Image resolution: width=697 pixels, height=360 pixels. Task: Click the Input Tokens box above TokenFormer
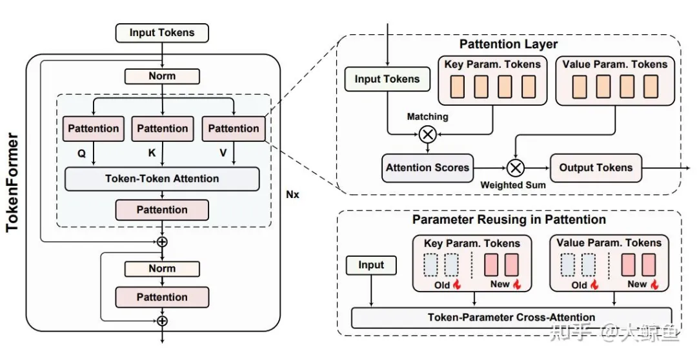pyautogui.click(x=162, y=33)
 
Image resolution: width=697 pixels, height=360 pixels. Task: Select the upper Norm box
pyautogui.click(x=162, y=76)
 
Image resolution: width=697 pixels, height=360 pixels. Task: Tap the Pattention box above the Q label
pyautogui.click(x=94, y=129)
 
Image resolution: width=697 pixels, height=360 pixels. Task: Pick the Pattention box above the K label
pyautogui.click(x=163, y=129)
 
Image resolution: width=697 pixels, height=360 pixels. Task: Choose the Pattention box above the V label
pyautogui.click(x=234, y=129)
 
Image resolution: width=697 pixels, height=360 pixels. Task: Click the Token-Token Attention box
pyautogui.click(x=162, y=179)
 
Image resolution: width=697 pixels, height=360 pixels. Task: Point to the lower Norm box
pyautogui.click(x=162, y=268)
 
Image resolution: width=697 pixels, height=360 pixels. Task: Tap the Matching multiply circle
pyautogui.click(x=427, y=134)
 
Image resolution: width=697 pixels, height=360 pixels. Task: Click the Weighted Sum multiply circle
pyautogui.click(x=514, y=168)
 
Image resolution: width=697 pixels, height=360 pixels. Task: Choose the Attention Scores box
pyautogui.click(x=427, y=168)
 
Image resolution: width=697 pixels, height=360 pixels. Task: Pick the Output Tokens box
pyautogui.click(x=596, y=168)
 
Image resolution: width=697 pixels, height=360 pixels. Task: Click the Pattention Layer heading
pyautogui.click(x=509, y=45)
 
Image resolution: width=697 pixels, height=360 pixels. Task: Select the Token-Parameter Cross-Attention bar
pyautogui.click(x=511, y=317)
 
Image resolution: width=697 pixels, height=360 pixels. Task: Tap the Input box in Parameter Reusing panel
pyautogui.click(x=371, y=265)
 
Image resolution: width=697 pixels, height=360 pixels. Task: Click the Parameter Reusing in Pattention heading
pyautogui.click(x=509, y=219)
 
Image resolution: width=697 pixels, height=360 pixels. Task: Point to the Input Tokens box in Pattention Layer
pyautogui.click(x=387, y=79)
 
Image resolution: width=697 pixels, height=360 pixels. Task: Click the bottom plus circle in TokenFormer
pyautogui.click(x=163, y=320)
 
